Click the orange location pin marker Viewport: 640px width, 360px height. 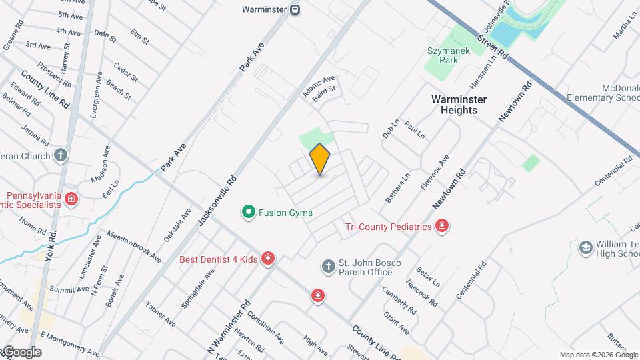pyautogui.click(x=320, y=159)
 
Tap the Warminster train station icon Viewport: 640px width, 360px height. pyautogui.click(x=295, y=10)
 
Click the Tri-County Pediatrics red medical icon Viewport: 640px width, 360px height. pyautogui.click(x=441, y=227)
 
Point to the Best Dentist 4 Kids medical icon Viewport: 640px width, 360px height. pyautogui.click(x=268, y=258)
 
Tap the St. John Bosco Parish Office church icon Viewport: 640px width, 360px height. pyautogui.click(x=328, y=267)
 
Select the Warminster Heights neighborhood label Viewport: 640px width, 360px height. pyautogui.click(x=459, y=105)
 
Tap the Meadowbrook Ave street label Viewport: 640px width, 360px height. pyautogui.click(x=133, y=246)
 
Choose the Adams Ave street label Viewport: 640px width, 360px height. pyautogui.click(x=319, y=87)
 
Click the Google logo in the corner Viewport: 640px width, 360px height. pyautogui.click(x=21, y=352)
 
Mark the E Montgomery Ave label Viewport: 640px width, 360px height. pyautogui.click(x=69, y=343)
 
